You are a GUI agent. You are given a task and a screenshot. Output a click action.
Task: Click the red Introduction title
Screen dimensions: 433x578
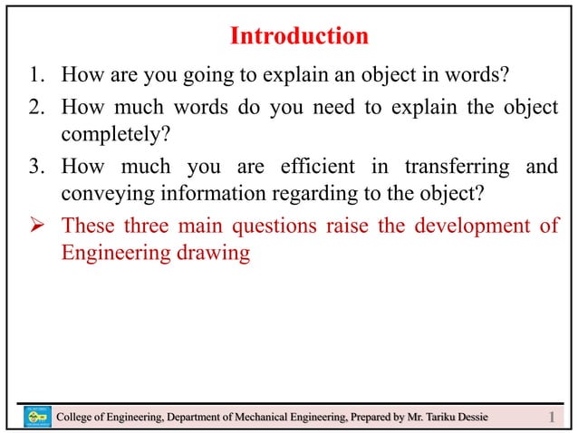click(299, 36)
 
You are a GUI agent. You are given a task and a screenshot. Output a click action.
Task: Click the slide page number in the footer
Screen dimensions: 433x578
click(554, 416)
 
